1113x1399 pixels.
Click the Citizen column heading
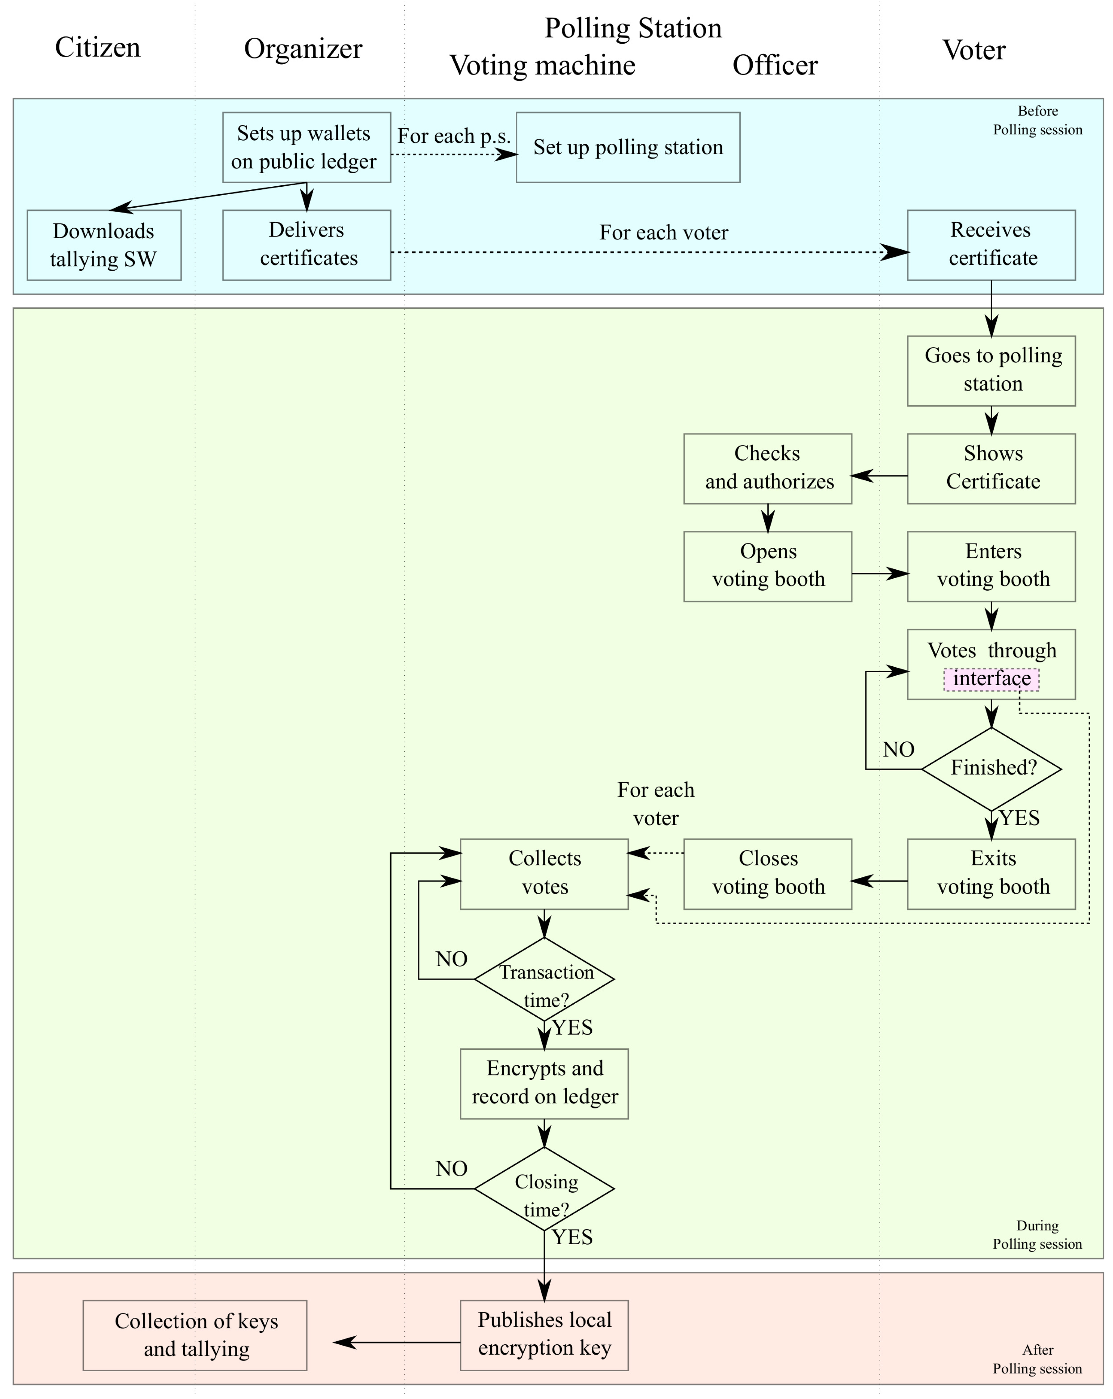click(97, 47)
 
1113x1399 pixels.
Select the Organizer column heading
click(303, 49)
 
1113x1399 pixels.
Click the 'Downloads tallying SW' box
click(104, 245)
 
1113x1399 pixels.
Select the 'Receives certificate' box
click(991, 245)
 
